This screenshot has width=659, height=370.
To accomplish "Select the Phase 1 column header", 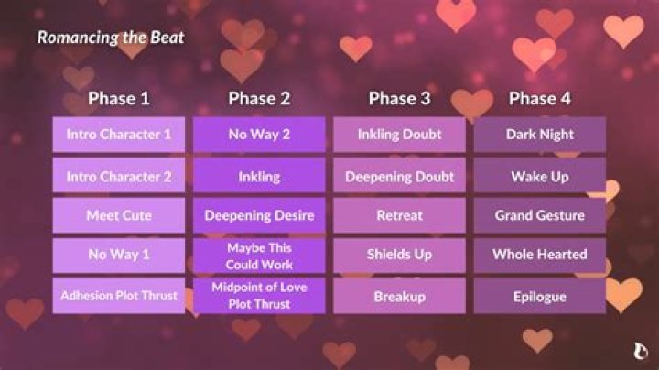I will point(118,99).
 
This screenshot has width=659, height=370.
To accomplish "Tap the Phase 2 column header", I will point(259,99).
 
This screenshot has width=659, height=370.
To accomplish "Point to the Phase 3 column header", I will point(399,99).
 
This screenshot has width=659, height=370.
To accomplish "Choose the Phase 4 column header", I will point(539,99).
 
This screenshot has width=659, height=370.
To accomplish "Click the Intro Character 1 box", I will point(118,135).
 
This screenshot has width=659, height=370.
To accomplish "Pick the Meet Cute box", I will point(118,216).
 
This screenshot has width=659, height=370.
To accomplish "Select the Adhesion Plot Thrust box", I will point(118,296).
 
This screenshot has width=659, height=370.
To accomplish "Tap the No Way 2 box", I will point(259,135).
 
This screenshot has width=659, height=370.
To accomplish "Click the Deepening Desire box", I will point(259,216).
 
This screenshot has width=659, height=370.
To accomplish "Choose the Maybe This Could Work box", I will point(259,256).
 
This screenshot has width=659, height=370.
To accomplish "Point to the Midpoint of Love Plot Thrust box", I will point(259,296).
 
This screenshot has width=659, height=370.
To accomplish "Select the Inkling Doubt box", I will point(399,135).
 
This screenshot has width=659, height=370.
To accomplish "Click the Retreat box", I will point(399,216).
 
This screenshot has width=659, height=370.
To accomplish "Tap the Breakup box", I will point(399,296).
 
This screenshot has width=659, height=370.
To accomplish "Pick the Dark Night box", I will point(539,135).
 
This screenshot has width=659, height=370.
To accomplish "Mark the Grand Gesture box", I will point(539,216).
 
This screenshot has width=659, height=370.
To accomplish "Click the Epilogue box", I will point(539,296).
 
